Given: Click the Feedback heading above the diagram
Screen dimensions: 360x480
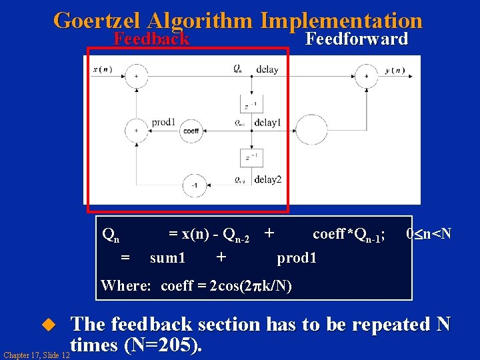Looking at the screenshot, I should [151, 39].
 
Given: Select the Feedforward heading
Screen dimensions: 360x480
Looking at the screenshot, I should [356, 39].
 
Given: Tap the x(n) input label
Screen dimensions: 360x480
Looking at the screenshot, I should [102, 69].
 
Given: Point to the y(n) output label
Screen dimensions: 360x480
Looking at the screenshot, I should [395, 70].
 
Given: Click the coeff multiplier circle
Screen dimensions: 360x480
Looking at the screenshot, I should [191, 131].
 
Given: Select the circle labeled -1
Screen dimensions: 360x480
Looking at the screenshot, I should [194, 185].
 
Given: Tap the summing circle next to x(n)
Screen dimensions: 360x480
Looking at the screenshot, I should [136, 77].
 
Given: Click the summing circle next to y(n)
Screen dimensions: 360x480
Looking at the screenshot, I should [365, 77].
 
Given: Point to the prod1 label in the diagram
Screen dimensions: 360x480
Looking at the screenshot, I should [163, 122].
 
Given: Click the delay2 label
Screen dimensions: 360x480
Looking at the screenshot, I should [267, 179].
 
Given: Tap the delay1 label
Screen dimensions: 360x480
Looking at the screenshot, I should [267, 123].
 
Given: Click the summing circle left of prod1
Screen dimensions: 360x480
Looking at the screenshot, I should [136, 131].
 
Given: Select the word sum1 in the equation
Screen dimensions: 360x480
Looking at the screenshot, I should [168, 257].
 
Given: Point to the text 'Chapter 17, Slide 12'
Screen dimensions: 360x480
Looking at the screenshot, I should [35, 355].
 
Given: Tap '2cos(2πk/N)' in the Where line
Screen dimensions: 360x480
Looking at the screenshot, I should [250, 286].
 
